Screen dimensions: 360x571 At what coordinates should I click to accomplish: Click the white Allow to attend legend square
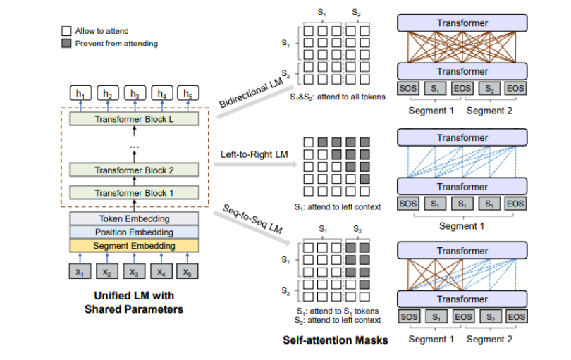coord(66,31)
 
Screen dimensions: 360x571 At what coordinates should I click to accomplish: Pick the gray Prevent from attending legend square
coord(66,43)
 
